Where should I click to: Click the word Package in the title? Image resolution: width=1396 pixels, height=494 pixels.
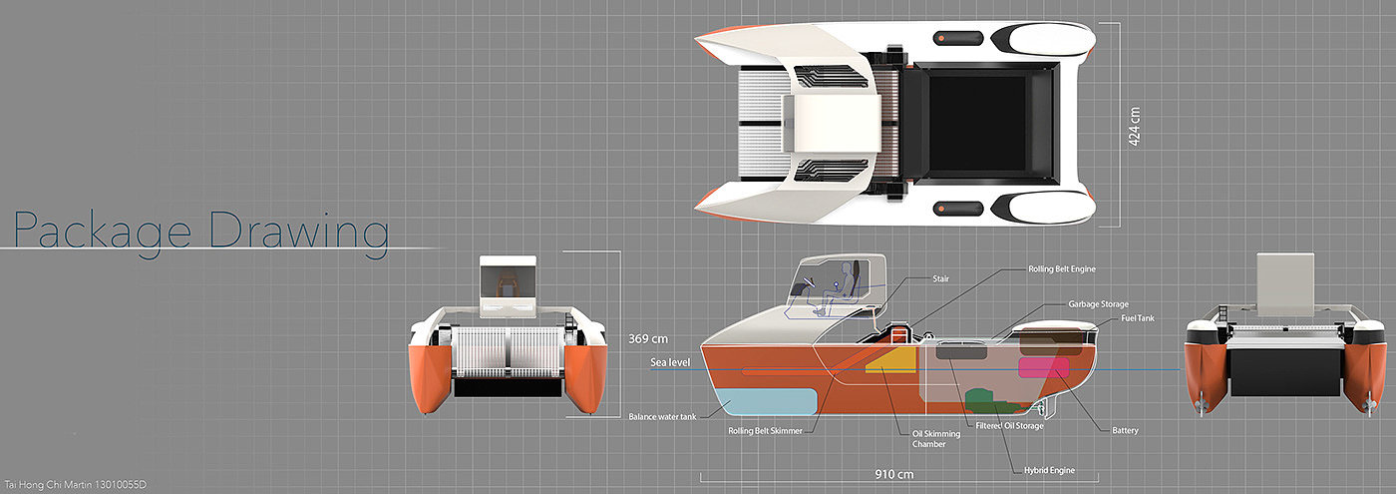[103, 231]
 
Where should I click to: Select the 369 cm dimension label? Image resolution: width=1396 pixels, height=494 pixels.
[647, 338]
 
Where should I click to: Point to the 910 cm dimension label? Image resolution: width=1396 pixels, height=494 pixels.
[892, 473]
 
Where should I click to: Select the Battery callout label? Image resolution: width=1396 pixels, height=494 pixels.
[1125, 431]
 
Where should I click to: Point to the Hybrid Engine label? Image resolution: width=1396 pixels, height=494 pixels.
[1049, 470]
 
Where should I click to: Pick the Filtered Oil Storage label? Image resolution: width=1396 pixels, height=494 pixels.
[1009, 426]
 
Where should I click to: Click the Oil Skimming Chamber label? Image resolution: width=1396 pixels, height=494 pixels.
[936, 438]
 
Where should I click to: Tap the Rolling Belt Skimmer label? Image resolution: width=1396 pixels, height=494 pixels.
[766, 431]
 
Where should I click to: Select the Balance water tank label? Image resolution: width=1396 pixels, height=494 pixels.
[662, 416]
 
